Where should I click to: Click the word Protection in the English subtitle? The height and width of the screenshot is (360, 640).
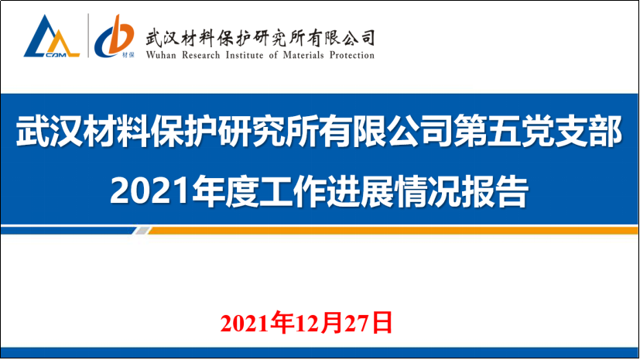coord(353,55)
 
